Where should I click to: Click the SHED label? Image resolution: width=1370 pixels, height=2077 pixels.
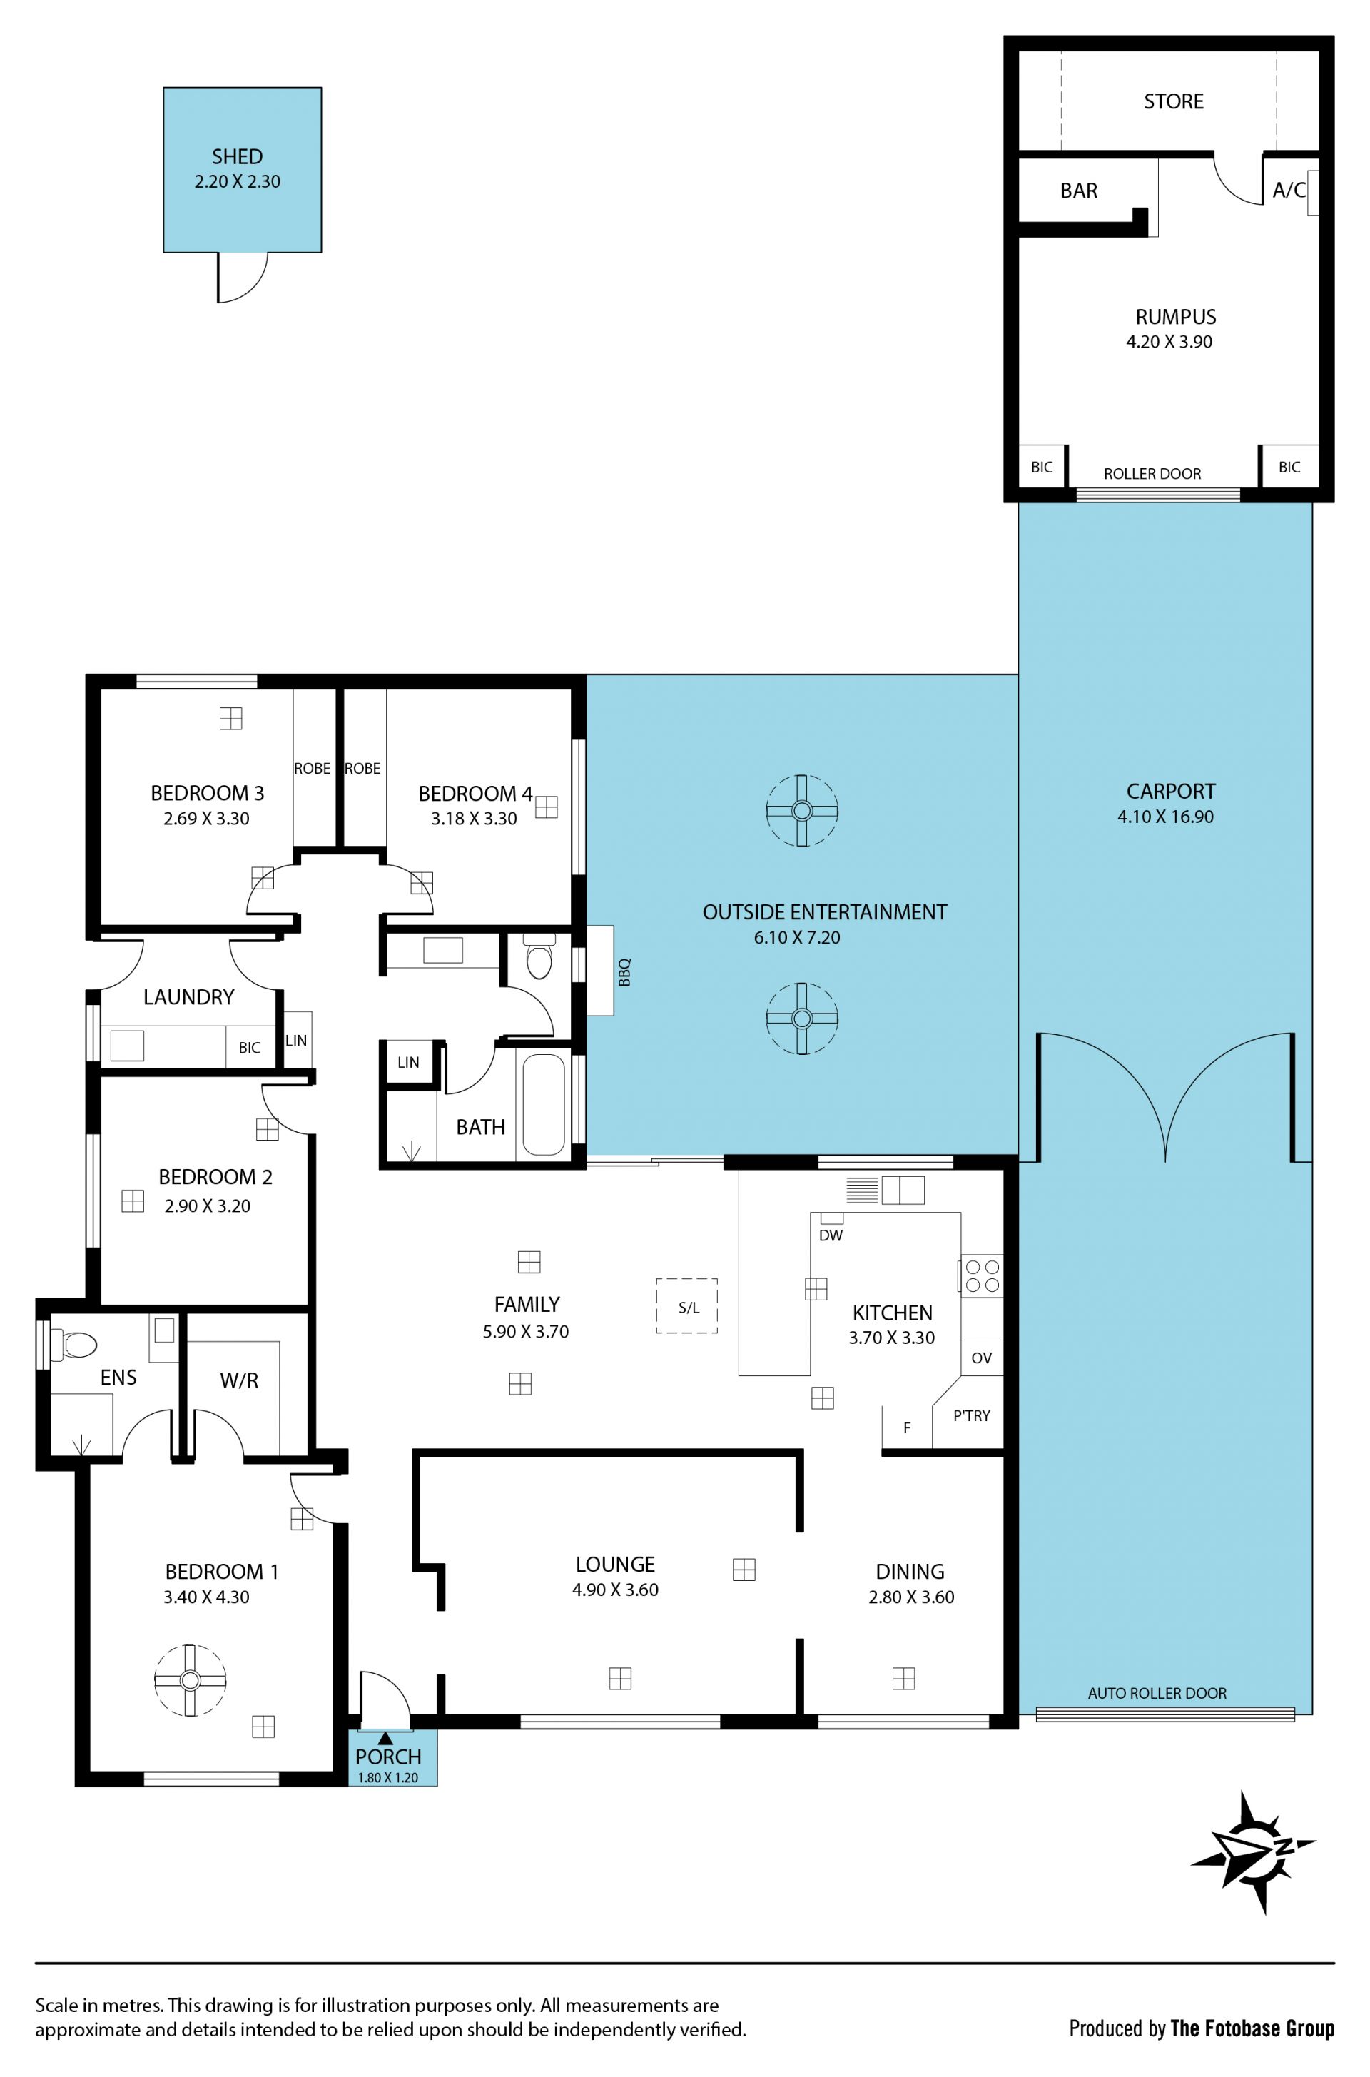[237, 156]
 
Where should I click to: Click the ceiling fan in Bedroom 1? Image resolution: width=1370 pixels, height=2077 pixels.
[190, 1679]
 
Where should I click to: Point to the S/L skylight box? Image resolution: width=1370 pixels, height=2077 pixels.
[688, 1306]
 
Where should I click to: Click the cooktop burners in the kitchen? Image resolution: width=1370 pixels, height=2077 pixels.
[982, 1275]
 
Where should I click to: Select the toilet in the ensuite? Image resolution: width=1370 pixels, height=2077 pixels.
[73, 1345]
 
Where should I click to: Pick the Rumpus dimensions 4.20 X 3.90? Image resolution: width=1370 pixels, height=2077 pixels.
[1169, 342]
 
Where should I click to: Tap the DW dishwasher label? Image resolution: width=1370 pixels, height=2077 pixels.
[831, 1235]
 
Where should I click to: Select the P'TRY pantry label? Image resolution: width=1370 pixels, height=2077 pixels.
[972, 1415]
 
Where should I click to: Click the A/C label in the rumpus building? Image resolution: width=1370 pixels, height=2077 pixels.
[1289, 190]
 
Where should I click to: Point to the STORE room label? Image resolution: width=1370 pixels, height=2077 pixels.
[1173, 101]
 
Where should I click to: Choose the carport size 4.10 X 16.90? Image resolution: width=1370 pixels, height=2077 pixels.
[1165, 816]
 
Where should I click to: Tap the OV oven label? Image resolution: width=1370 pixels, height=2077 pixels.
[981, 1358]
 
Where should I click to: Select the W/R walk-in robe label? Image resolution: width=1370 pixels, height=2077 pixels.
[238, 1380]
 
